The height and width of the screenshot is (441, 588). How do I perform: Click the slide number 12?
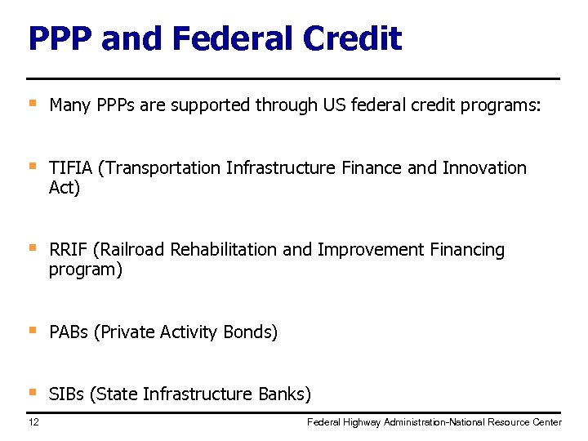33,421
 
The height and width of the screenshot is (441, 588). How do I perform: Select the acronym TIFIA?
71,168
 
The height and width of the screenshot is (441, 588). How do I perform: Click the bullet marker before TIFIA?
33,167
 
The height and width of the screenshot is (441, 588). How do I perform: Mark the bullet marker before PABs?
33,331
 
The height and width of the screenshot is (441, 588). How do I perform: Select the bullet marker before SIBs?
33,393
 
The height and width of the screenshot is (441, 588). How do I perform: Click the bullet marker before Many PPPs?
33,104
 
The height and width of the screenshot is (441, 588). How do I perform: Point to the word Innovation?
484,168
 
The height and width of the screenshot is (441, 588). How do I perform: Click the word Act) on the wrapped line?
65,188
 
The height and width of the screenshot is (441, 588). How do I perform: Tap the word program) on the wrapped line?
86,270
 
